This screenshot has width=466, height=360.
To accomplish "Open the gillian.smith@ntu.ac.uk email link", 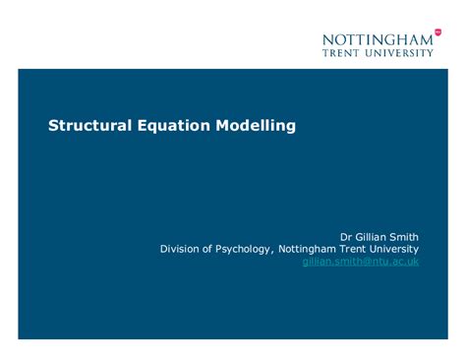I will [361, 262].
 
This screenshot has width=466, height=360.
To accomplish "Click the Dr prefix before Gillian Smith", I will [346, 236].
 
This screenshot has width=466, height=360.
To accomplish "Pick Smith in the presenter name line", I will [405, 236].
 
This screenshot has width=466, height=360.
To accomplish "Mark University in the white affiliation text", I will [398, 249].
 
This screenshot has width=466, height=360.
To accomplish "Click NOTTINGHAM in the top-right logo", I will [377, 39].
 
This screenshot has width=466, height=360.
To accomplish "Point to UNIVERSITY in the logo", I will [398, 53].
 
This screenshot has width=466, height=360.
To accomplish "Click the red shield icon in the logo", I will [437, 32].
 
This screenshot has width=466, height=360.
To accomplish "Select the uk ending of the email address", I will [413, 262].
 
